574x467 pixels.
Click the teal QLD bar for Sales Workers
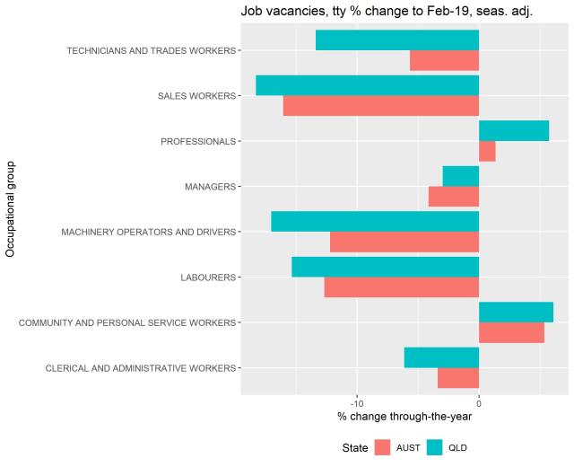pyautogui.click(x=367, y=85)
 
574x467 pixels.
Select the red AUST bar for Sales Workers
pyautogui.click(x=380, y=106)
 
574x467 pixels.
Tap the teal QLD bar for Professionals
pyautogui.click(x=514, y=131)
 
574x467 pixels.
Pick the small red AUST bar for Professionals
pyautogui.click(x=487, y=152)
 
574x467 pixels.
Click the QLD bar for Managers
pyautogui.click(x=461, y=176)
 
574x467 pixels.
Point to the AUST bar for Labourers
pyautogui.click(x=401, y=287)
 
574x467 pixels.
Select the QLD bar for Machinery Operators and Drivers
pyautogui.click(x=375, y=222)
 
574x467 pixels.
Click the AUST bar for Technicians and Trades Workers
pyautogui.click(x=444, y=60)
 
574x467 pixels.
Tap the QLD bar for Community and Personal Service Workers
pyautogui.click(x=516, y=313)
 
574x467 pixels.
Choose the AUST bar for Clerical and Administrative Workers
pyautogui.click(x=458, y=378)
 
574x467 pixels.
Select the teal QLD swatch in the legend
pyautogui.click(x=435, y=447)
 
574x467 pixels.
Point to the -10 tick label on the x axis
pyautogui.click(x=357, y=401)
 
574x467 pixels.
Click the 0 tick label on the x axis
pyautogui.click(x=479, y=401)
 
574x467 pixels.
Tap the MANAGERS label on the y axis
pyautogui.click(x=210, y=187)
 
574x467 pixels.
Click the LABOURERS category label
pyautogui.click(x=208, y=278)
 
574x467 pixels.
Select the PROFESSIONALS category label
pyautogui.click(x=197, y=142)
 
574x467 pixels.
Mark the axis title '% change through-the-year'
pyautogui.click(x=404, y=416)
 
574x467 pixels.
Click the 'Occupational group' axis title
pyautogui.click(x=11, y=208)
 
